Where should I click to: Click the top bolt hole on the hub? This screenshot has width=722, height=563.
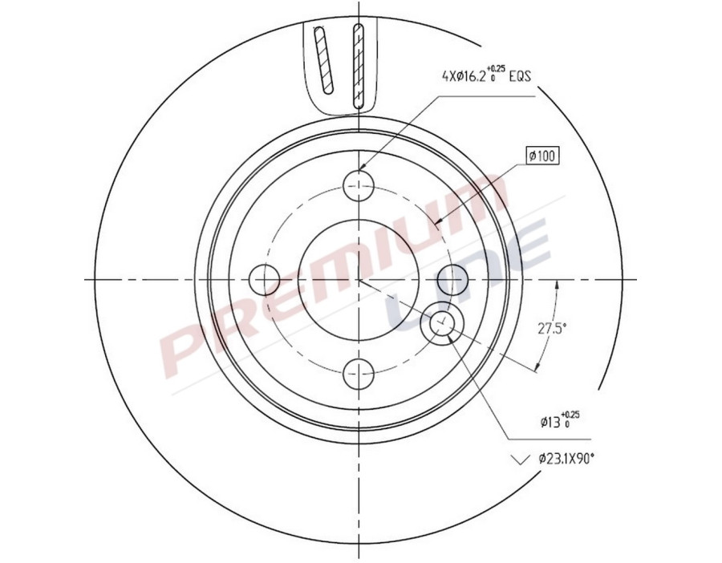(x=359, y=186)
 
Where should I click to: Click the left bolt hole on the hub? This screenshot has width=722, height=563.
(x=266, y=279)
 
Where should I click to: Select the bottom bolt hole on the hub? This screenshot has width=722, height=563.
(x=359, y=372)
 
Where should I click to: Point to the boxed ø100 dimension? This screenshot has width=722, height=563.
(x=542, y=156)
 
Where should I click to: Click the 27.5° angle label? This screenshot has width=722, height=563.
(x=551, y=328)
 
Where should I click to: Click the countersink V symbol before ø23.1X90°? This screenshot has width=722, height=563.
(x=521, y=459)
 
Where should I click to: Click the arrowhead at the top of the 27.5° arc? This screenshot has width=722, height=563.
(x=557, y=286)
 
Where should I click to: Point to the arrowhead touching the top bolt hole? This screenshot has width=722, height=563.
(x=363, y=168)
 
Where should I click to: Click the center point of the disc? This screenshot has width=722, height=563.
(x=359, y=279)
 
